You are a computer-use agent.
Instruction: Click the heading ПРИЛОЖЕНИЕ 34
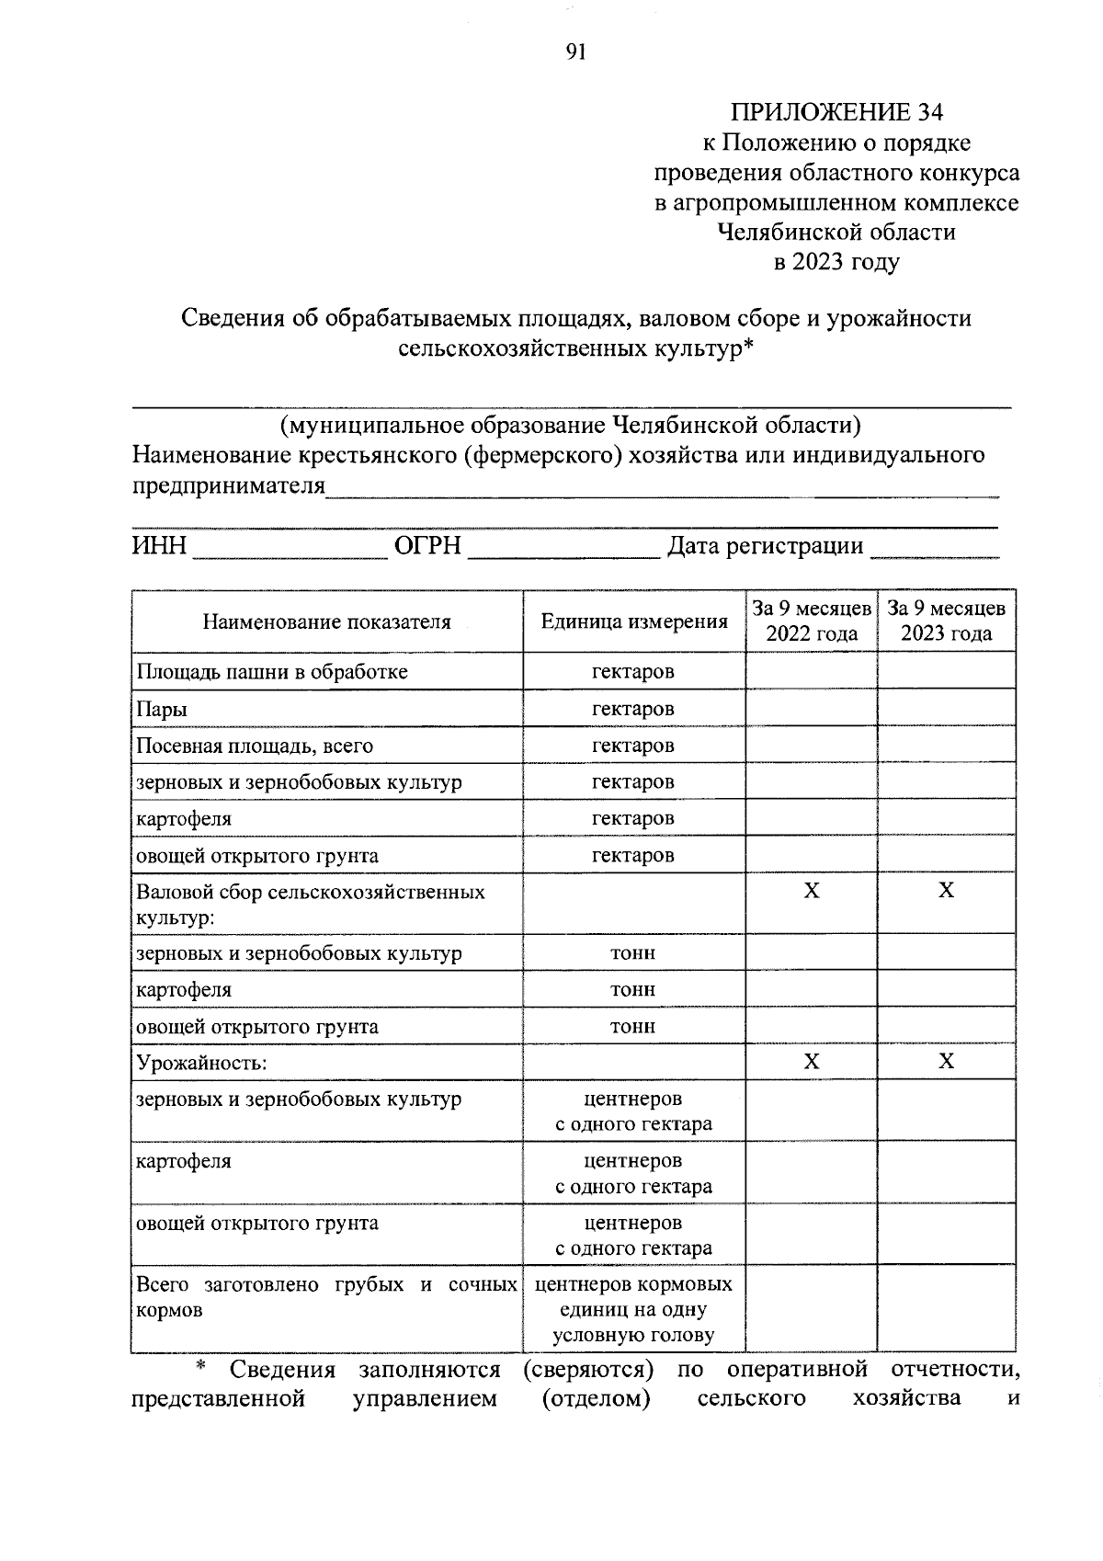pyautogui.click(x=836, y=112)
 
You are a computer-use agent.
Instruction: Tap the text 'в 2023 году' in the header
pyautogui.click(x=836, y=262)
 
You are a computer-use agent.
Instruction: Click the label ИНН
pyautogui.click(x=159, y=546)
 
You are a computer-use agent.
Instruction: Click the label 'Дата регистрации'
pyautogui.click(x=765, y=546)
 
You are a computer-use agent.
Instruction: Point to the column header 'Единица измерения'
pyautogui.click(x=633, y=621)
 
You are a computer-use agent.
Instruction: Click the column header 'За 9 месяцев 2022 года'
pyautogui.click(x=812, y=621)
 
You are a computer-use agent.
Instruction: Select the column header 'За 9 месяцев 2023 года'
pyautogui.click(x=946, y=621)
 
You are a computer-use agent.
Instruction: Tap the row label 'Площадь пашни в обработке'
pyautogui.click(x=271, y=672)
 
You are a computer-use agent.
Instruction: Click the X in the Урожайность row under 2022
pyautogui.click(x=812, y=1062)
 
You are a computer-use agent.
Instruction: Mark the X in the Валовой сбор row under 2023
pyautogui.click(x=946, y=891)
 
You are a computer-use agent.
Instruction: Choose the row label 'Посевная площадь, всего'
pyautogui.click(x=255, y=746)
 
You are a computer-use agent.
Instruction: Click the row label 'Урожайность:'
pyautogui.click(x=201, y=1064)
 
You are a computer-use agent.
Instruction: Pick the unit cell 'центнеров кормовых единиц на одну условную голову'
pyautogui.click(x=633, y=1310)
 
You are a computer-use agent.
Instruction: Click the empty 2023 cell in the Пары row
pyautogui.click(x=946, y=709)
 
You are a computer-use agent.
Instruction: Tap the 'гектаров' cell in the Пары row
pyautogui.click(x=633, y=709)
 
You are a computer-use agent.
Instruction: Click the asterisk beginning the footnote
pyautogui.click(x=199, y=1368)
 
